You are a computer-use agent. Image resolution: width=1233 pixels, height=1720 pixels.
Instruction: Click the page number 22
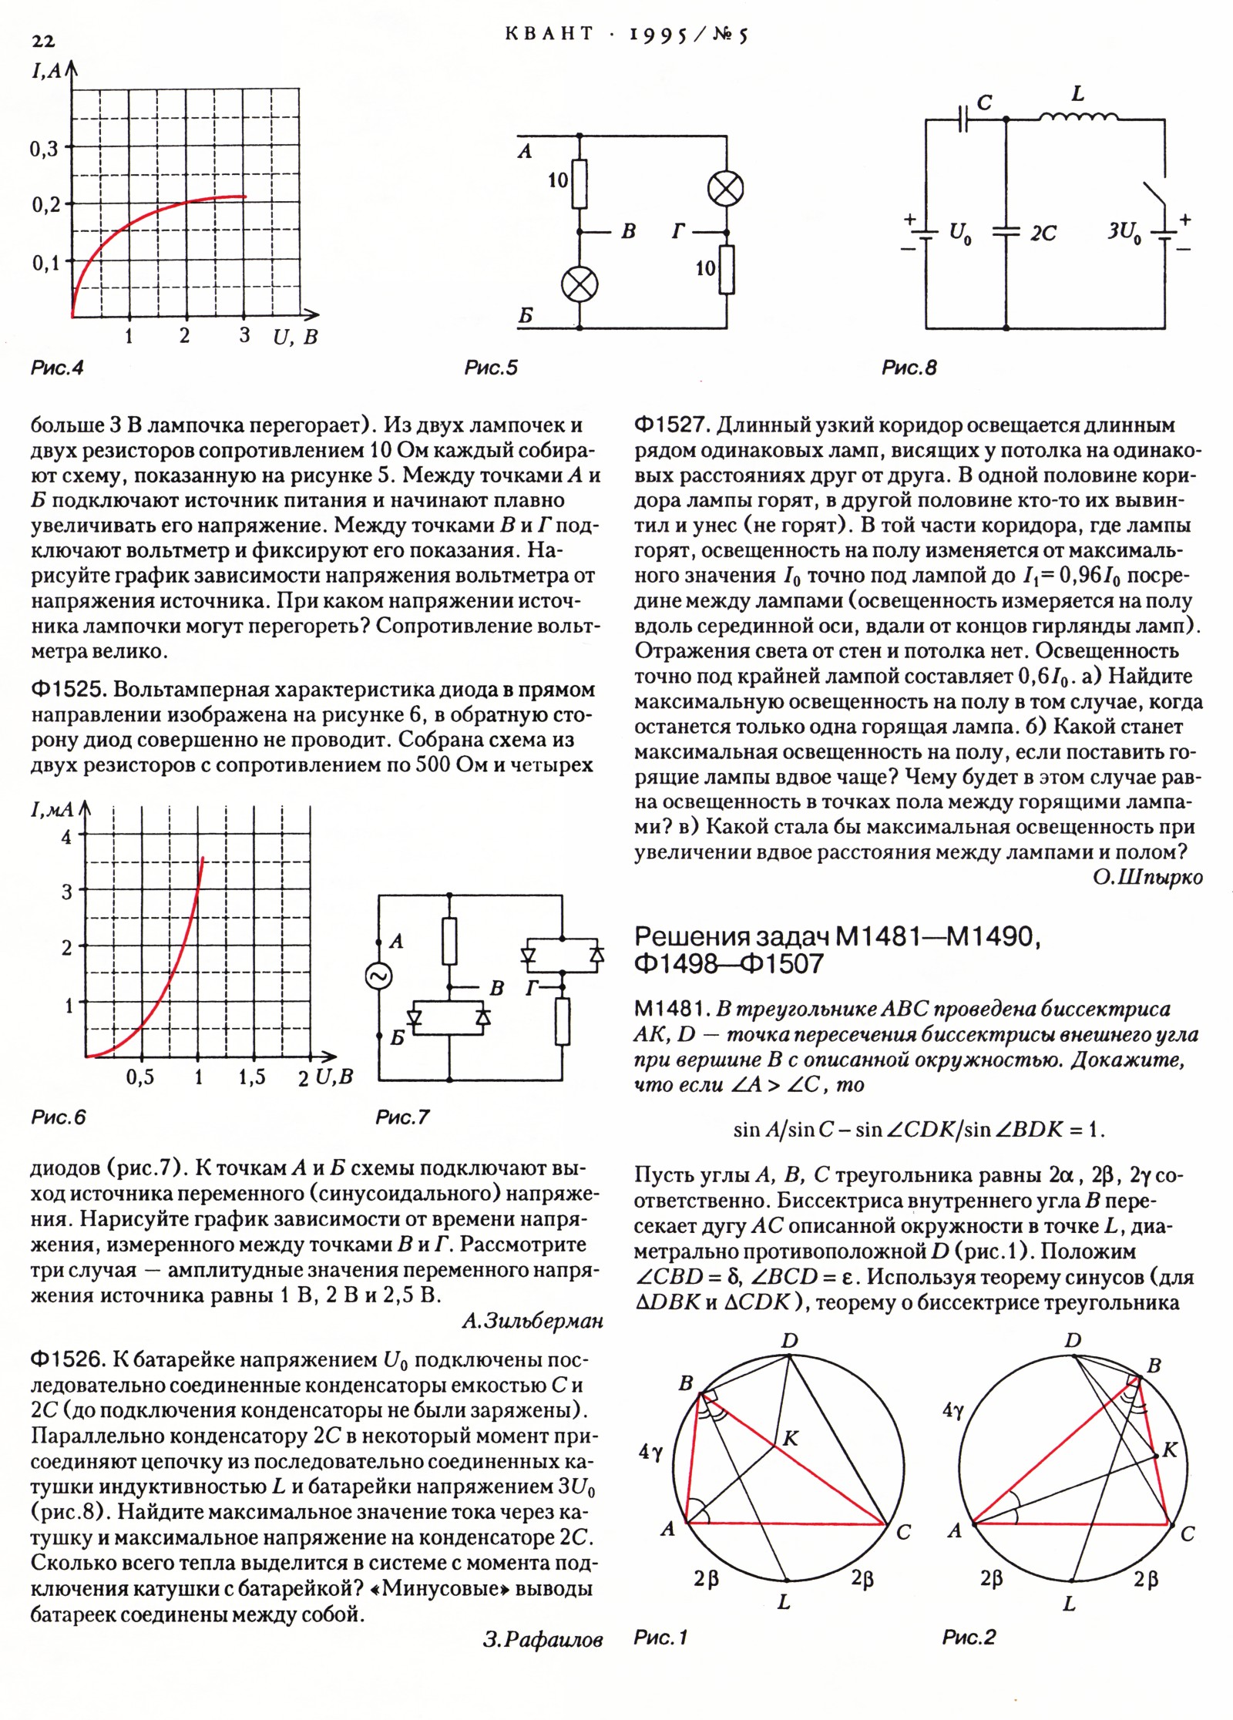[x=43, y=41]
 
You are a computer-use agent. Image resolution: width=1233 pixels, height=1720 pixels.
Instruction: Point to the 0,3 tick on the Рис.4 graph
[x=45, y=149]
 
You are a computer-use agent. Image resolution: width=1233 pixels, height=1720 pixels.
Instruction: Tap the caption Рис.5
[x=491, y=368]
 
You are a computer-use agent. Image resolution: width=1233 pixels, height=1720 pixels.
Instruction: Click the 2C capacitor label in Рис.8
[x=1043, y=233]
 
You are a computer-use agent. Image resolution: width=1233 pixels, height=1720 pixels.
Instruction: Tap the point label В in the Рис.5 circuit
[x=628, y=232]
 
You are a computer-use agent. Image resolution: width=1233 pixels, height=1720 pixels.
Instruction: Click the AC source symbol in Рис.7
[x=378, y=977]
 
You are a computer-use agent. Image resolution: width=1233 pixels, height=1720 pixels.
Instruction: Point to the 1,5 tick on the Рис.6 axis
[x=252, y=1077]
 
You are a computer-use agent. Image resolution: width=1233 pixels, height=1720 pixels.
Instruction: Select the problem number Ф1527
[x=670, y=425]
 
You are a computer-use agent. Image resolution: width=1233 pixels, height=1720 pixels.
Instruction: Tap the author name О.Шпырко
[x=1147, y=877]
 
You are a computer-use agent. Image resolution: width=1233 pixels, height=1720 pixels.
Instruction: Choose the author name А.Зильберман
[x=532, y=1321]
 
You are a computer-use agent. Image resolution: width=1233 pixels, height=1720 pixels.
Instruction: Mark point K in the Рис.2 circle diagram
[x=1169, y=1450]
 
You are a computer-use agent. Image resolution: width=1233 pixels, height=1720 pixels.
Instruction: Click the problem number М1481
[x=670, y=1009]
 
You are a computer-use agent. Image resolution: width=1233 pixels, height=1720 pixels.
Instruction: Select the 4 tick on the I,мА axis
[x=66, y=836]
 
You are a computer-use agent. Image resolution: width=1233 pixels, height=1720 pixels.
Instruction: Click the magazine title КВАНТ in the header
[x=549, y=34]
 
